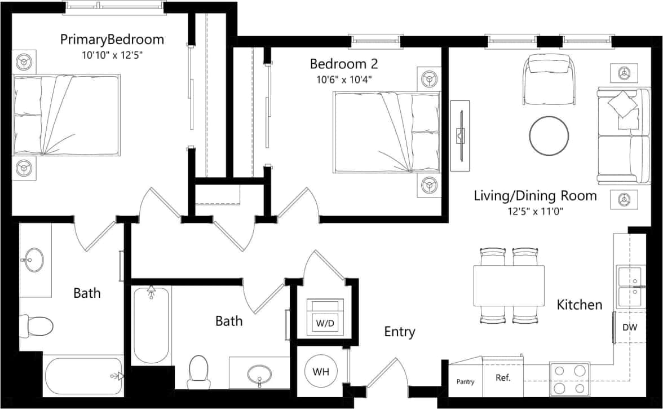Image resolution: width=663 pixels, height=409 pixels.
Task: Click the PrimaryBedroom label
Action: click(x=112, y=39)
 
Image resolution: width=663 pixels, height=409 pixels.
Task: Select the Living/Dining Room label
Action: click(x=535, y=196)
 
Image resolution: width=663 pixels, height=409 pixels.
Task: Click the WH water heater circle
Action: click(x=320, y=372)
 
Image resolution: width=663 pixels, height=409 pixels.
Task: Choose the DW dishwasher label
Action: click(x=630, y=327)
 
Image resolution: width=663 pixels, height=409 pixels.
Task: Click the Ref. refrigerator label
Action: click(x=503, y=378)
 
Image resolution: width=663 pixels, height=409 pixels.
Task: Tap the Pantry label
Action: click(x=465, y=382)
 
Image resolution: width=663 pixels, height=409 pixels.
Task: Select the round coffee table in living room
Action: click(x=549, y=135)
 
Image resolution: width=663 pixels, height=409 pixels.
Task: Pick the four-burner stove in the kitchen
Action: click(x=569, y=379)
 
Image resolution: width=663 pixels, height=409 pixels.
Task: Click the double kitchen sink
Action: click(x=630, y=286)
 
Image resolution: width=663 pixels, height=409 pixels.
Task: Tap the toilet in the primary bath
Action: click(x=37, y=325)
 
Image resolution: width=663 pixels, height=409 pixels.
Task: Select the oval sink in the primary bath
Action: click(x=35, y=260)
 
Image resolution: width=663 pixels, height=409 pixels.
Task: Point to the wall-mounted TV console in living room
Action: click(x=460, y=135)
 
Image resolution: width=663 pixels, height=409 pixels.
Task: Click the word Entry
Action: click(x=400, y=332)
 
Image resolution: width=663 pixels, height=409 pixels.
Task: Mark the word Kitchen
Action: click(x=580, y=305)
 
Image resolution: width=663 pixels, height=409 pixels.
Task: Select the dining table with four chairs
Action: click(x=509, y=286)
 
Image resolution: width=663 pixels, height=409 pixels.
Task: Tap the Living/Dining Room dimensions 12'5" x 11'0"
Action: click(x=535, y=212)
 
